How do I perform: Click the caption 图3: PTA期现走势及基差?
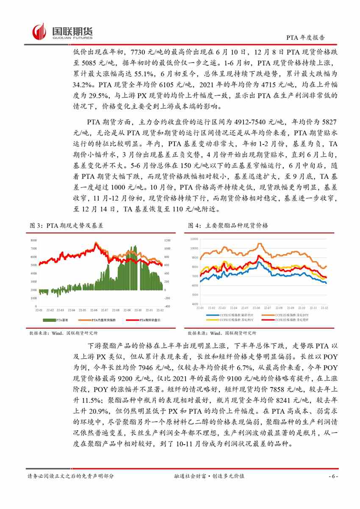[x=66, y=226]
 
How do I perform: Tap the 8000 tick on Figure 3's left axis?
[x=34, y=241]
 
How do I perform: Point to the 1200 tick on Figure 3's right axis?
[x=167, y=241]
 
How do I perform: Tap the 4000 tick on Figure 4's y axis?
[x=195, y=304]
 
